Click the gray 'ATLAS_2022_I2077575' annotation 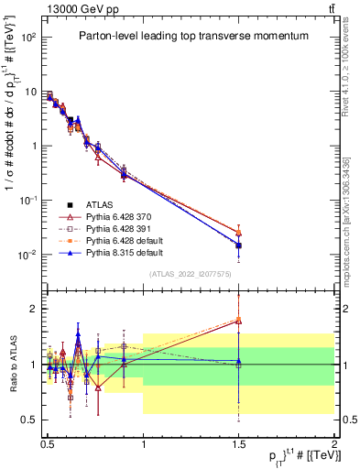pos(189,274)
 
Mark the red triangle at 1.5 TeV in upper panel pos(238,233)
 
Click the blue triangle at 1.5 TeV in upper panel pos(238,245)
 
